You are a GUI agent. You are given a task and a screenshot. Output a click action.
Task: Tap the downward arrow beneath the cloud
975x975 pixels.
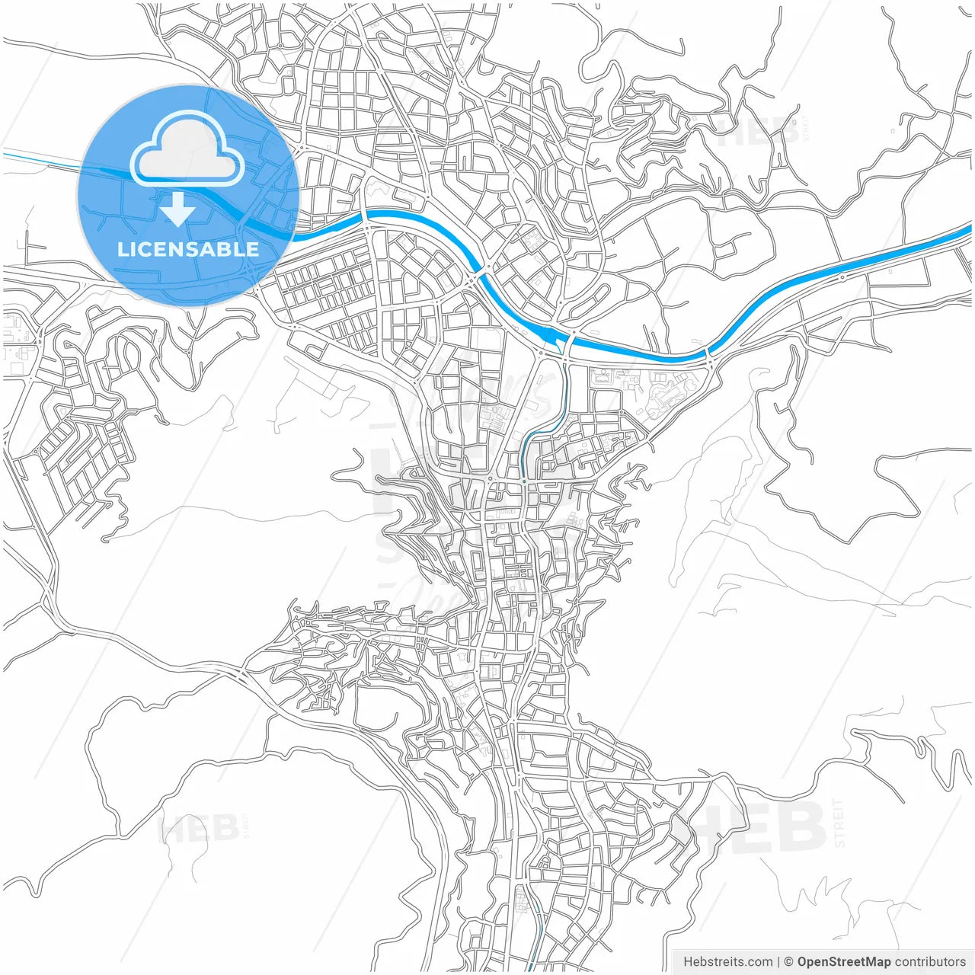click(178, 209)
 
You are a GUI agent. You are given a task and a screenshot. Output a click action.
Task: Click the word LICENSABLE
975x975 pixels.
click(188, 249)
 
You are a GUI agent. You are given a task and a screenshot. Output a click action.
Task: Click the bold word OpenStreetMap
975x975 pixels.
click(843, 962)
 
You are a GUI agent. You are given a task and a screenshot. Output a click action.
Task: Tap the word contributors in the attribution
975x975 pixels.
click(929, 962)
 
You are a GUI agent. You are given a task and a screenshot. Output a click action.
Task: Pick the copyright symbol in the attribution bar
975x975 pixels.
click(789, 962)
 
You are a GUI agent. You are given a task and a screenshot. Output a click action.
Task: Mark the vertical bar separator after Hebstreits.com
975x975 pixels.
click(778, 962)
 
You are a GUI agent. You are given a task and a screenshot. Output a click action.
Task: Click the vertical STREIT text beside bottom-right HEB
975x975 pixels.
click(839, 823)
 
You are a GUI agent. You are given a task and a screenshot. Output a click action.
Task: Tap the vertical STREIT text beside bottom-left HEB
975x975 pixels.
click(245, 826)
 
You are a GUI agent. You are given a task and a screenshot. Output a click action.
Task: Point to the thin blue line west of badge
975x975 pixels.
click(38, 158)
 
